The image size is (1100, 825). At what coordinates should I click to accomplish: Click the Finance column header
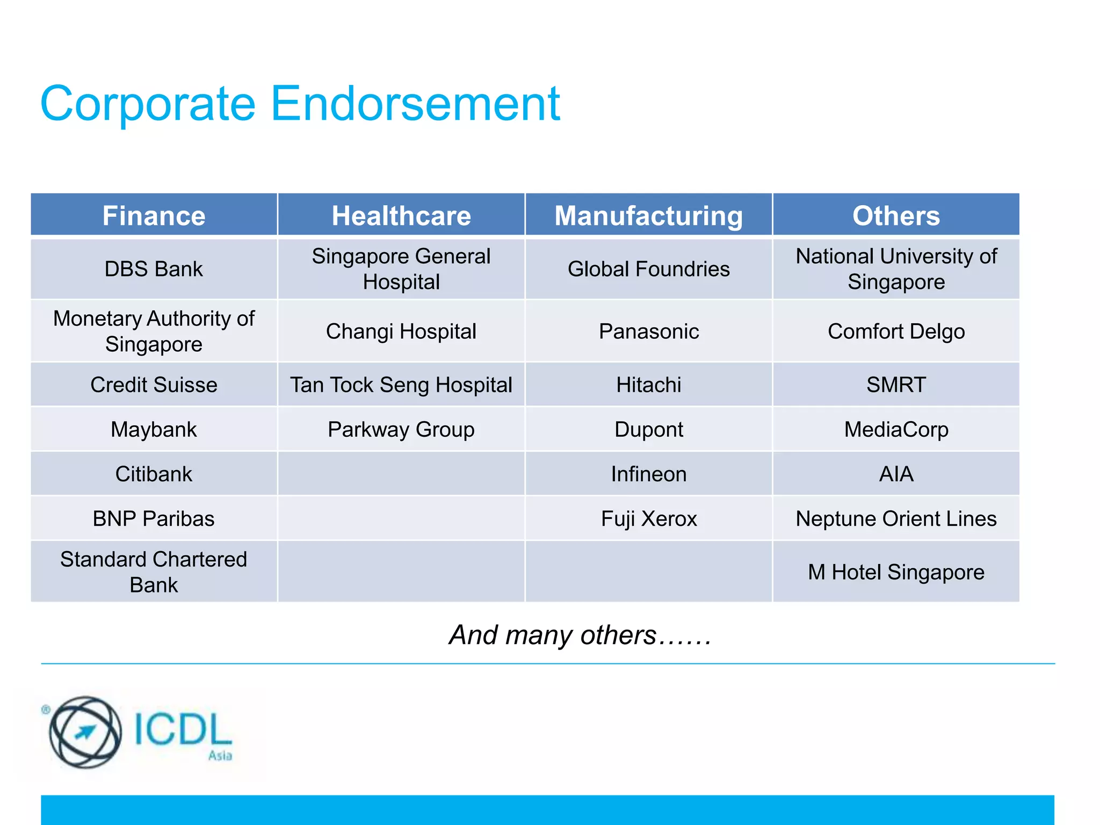(154, 215)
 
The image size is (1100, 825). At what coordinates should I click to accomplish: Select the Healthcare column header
(401, 215)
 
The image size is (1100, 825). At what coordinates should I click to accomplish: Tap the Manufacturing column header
(648, 215)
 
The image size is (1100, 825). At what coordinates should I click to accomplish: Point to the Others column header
(896, 215)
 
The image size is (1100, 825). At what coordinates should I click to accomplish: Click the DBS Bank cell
(154, 269)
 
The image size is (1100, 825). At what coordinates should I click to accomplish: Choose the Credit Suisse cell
(154, 385)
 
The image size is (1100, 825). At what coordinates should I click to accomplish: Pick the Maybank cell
(154, 429)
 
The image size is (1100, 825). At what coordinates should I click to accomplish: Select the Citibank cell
(154, 474)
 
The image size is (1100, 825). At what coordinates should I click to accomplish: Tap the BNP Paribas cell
(154, 518)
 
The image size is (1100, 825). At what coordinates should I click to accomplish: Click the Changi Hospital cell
(401, 331)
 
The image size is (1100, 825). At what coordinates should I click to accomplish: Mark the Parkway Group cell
(401, 429)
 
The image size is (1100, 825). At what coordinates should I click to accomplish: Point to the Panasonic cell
(648, 331)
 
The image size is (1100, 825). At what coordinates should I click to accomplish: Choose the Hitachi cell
(648, 385)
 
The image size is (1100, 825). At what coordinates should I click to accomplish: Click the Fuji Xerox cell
(648, 518)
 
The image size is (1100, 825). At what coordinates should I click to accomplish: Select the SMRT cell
(896, 385)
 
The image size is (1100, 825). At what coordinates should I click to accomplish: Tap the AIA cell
(896, 474)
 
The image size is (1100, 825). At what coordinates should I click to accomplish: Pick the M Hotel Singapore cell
(896, 572)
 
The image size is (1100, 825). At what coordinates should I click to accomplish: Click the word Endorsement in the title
(415, 103)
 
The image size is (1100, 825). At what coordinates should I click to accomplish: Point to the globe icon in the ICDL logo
(85, 732)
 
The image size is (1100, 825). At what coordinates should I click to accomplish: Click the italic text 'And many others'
(553, 635)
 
